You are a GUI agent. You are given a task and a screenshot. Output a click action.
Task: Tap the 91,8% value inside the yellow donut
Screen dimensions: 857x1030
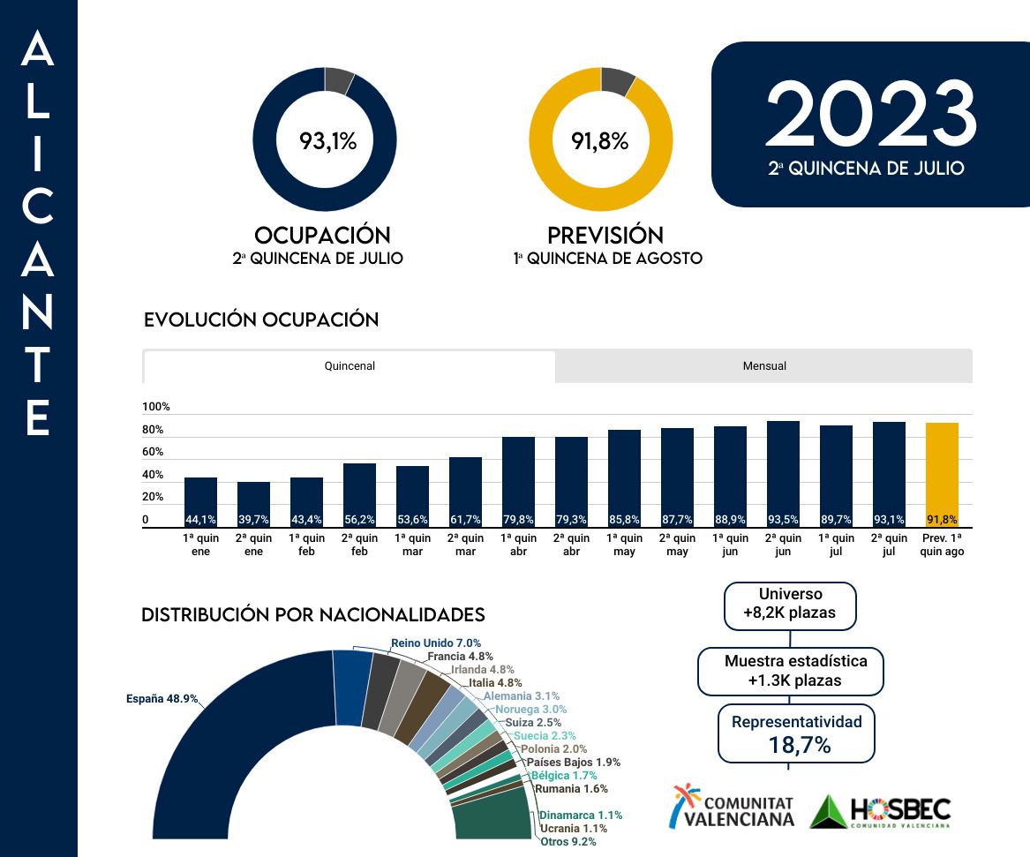click(600, 140)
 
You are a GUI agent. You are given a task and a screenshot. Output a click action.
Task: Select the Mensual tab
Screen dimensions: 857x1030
click(764, 366)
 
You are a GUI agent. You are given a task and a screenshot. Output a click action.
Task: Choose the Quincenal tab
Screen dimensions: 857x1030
click(350, 366)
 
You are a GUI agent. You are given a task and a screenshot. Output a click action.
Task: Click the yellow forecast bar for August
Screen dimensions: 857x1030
click(942, 474)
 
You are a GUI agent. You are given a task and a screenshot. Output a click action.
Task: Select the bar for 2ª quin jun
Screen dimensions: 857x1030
click(783, 473)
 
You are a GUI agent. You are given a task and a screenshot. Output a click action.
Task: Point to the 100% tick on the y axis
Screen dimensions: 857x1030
click(155, 407)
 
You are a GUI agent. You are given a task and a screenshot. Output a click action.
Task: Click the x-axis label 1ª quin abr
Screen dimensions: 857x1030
click(518, 545)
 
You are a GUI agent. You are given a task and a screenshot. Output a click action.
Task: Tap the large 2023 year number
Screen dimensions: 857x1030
click(871, 116)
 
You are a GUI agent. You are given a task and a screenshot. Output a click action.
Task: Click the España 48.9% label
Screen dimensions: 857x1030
click(162, 698)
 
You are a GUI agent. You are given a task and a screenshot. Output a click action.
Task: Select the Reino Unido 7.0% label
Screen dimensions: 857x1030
click(436, 643)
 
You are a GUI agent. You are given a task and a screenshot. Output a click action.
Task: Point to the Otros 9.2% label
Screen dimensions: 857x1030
click(568, 842)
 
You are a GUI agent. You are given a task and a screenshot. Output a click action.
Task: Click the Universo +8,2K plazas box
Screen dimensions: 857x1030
click(790, 604)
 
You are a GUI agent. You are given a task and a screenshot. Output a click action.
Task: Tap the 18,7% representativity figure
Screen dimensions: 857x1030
click(800, 745)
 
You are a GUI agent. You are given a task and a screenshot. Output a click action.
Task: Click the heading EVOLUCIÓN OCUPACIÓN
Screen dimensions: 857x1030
click(261, 319)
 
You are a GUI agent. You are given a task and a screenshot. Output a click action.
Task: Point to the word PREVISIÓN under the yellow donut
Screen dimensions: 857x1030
click(605, 236)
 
